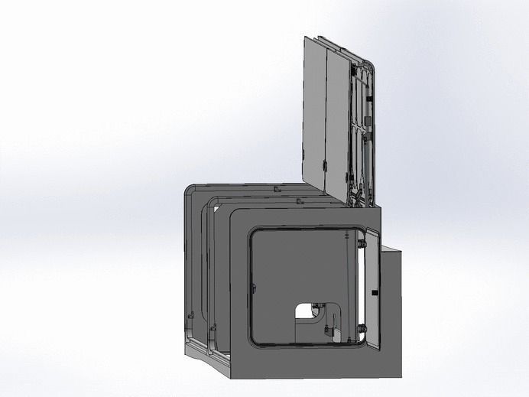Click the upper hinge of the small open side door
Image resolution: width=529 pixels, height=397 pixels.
coord(360,244)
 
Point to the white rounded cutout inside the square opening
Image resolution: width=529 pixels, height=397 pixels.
coord(309,309)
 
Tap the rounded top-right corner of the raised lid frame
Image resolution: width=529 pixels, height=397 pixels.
coord(372,69)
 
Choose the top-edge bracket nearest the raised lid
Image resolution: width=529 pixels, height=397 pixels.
coord(298,201)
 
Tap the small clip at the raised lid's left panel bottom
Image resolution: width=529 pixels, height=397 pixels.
coord(325,164)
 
